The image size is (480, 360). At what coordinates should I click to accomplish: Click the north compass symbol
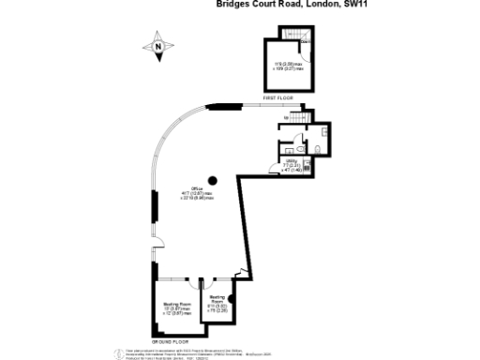point(158,44)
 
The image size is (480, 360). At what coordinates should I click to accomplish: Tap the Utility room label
point(291,166)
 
